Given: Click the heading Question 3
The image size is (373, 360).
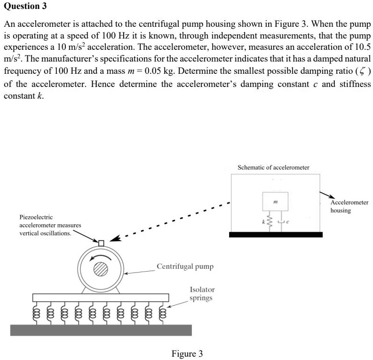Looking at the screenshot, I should click(24, 7).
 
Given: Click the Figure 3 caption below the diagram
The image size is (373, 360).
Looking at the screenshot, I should click(187, 353).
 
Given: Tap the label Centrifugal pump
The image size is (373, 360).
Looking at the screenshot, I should click(185, 266).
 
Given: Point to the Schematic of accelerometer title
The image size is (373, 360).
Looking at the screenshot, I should click(273, 167).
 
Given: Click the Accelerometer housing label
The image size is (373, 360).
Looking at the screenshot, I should click(349, 206).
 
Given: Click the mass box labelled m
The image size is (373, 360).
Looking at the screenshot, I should click(275, 201).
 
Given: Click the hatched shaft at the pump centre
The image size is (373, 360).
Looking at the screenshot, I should click(101, 268).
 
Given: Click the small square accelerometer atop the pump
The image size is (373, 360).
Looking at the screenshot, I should click(101, 243).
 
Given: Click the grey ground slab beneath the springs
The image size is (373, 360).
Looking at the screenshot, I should click(101, 329).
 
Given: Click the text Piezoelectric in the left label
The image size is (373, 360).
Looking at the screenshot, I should click(36, 217).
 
